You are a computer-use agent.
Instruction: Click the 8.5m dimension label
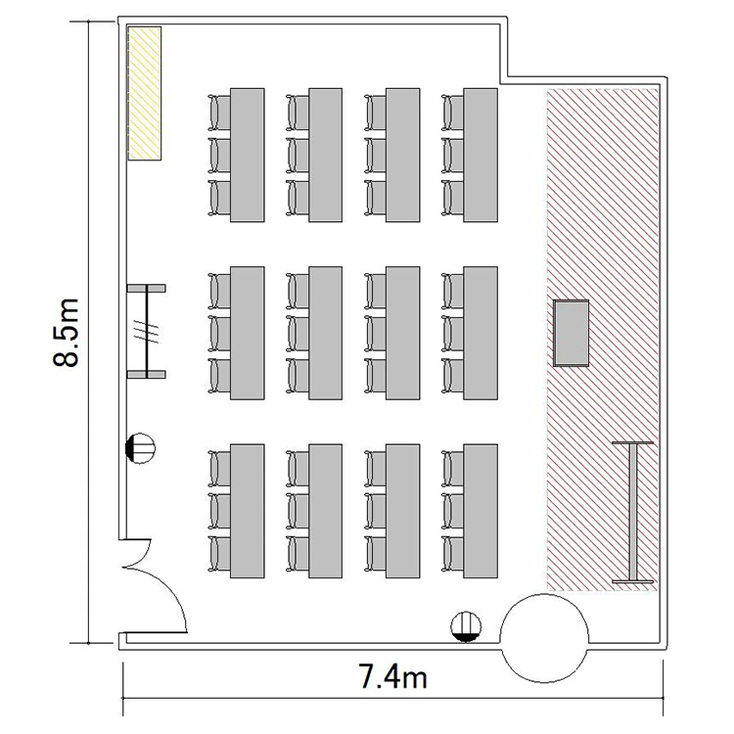(x=65, y=333)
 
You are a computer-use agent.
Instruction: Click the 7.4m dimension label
(x=392, y=677)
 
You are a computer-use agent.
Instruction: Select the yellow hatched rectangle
(x=145, y=93)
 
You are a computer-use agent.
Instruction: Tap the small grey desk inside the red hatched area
(x=571, y=333)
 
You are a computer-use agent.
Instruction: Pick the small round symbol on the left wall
(x=140, y=448)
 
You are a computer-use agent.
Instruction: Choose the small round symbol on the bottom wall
(x=466, y=626)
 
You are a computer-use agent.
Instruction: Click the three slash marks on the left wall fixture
(x=147, y=331)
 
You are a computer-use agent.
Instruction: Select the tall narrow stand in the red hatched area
(x=632, y=512)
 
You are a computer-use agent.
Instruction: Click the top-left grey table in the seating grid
(x=248, y=155)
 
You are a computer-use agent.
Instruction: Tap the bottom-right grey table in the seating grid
(x=481, y=511)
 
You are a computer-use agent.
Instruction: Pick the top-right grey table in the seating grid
(x=481, y=155)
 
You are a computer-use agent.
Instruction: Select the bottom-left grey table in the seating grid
(x=248, y=511)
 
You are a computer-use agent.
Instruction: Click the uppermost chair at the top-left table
(x=219, y=113)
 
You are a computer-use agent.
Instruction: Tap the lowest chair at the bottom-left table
(x=219, y=554)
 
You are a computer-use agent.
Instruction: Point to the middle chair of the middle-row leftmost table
(x=219, y=334)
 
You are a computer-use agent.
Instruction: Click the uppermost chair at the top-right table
(x=452, y=113)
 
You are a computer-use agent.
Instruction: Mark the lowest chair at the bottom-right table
(x=452, y=554)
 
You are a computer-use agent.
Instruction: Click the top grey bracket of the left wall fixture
(x=147, y=288)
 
